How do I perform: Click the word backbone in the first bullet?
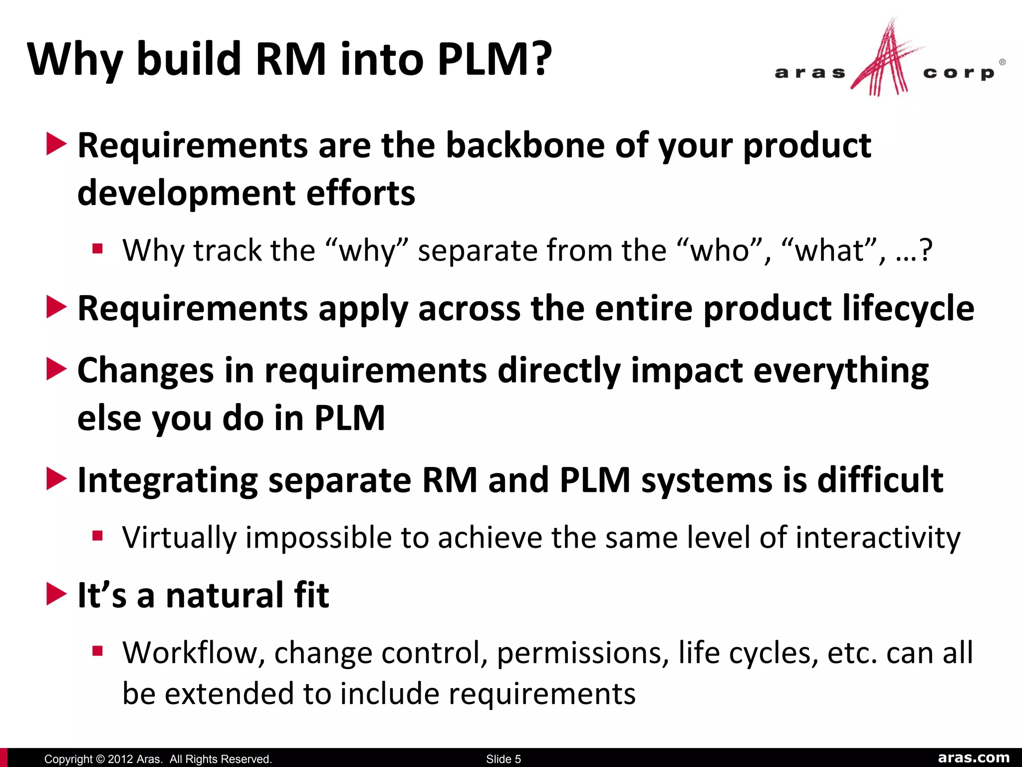point(524,145)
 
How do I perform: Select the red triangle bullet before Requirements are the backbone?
point(56,144)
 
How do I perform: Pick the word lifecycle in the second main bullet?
point(908,308)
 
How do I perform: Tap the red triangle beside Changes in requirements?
point(56,370)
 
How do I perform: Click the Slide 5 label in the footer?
point(503,759)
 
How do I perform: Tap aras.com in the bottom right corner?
point(974,758)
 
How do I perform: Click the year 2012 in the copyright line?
point(120,759)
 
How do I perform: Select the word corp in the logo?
point(958,73)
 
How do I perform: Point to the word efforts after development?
point(360,193)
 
